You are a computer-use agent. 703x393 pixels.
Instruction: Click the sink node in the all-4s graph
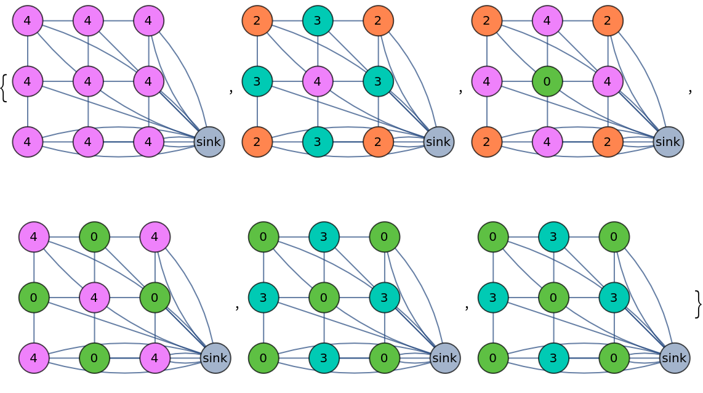209,142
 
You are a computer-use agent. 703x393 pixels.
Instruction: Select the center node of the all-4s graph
88,81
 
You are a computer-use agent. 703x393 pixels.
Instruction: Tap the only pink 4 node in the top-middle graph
318,81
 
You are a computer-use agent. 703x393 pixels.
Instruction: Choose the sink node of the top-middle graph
439,142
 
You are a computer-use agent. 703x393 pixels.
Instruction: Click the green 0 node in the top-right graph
547,81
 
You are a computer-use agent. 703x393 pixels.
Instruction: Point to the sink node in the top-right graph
669,142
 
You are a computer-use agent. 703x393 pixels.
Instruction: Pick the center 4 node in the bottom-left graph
94,298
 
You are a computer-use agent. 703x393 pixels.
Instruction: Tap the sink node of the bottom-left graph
215,358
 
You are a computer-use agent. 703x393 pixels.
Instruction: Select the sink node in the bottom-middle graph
445,358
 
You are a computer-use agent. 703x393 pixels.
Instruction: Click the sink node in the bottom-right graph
675,358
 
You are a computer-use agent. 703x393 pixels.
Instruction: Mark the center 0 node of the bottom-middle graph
324,298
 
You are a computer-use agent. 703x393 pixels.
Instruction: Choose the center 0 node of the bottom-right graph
553,298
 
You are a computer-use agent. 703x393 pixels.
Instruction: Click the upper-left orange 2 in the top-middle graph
257,21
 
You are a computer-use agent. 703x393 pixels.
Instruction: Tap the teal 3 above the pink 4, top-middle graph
318,21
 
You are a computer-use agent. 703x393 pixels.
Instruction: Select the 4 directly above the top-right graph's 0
547,21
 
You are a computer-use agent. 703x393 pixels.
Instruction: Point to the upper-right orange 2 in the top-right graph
608,21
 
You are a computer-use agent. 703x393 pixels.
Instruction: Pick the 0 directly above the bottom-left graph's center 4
94,237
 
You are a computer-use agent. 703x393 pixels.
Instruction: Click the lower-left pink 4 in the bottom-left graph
34,358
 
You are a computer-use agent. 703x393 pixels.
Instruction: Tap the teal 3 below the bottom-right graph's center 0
553,358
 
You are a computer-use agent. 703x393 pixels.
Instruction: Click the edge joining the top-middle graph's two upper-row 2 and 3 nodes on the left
287,21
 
